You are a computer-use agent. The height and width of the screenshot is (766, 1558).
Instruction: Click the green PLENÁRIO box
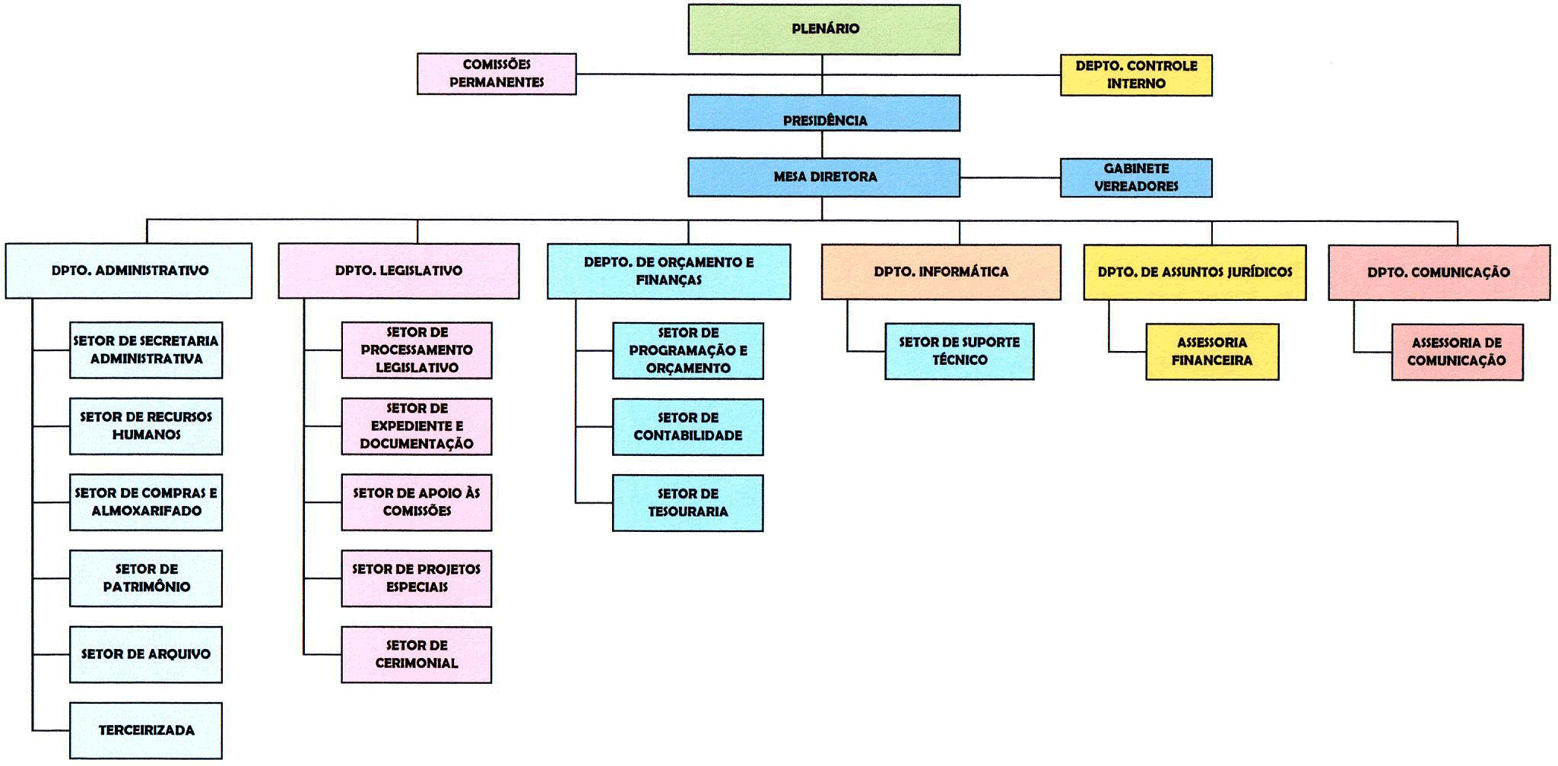[823, 30]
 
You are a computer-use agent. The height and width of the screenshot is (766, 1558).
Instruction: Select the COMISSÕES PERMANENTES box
[497, 74]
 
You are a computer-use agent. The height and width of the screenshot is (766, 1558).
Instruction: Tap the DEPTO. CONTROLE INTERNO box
[1136, 75]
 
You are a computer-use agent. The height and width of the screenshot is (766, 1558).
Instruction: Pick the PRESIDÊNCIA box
[823, 113]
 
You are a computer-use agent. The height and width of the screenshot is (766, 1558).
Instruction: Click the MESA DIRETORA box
[823, 177]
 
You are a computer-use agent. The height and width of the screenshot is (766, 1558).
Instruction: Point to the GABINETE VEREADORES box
[1136, 178]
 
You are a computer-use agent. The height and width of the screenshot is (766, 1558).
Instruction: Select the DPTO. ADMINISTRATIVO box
[129, 271]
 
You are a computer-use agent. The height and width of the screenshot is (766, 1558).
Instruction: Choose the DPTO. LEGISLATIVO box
[398, 271]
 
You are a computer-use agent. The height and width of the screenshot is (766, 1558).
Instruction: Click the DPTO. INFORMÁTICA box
[941, 272]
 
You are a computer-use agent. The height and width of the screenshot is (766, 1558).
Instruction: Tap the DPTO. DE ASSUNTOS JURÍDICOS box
[1195, 272]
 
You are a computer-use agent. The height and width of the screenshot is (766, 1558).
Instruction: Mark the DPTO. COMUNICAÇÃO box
[1439, 273]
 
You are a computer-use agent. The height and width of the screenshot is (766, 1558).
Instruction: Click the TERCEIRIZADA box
[146, 730]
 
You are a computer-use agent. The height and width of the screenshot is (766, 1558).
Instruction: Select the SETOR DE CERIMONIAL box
[416, 654]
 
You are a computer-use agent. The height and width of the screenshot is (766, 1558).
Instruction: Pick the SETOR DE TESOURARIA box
[687, 503]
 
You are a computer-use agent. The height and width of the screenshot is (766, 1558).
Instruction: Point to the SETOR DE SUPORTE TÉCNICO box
[959, 351]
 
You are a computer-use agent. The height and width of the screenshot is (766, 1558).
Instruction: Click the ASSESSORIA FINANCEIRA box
[1212, 352]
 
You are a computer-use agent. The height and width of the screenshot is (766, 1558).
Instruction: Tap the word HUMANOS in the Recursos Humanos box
[147, 435]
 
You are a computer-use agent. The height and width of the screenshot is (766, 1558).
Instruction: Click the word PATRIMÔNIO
[147, 587]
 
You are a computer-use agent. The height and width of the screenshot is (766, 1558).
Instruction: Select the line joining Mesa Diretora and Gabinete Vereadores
[1010, 178]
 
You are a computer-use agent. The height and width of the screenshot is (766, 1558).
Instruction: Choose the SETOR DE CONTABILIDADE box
[687, 427]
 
